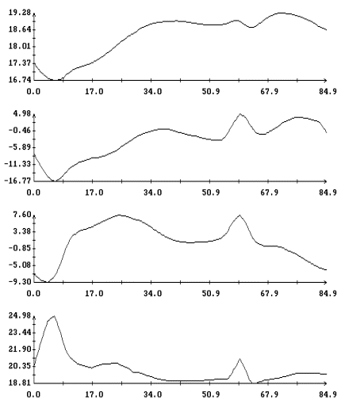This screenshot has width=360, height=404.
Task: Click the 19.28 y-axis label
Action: click(20, 13)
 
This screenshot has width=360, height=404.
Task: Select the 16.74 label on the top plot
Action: click(20, 80)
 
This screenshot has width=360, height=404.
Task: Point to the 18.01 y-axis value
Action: click(20, 46)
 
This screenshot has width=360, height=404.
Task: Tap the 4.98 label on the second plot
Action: click(22, 113)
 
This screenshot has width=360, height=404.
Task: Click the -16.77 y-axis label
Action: click(17, 181)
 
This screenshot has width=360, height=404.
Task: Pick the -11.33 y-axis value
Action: click(17, 164)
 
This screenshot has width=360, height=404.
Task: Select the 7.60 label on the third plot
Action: click(22, 215)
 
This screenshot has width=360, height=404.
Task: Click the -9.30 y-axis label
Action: click(20, 282)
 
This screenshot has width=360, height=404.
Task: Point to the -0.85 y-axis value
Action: click(20, 248)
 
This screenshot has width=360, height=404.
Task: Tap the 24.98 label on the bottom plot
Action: click(20, 315)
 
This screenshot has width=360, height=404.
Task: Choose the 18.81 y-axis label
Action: click(20, 383)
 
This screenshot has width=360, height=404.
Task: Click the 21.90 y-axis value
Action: click(20, 349)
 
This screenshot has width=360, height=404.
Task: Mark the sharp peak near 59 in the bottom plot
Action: click(239, 359)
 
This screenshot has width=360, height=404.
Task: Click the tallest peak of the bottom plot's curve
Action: click(54, 316)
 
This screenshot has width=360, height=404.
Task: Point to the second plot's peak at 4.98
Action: click(240, 114)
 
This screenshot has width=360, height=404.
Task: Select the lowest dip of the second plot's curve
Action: click(54, 181)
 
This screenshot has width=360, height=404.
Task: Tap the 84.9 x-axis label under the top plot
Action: click(327, 91)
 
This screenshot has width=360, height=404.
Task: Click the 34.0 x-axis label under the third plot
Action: click(152, 293)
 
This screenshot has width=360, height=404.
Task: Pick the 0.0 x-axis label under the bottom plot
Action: click(33, 394)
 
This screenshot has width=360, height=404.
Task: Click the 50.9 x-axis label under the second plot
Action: click(211, 192)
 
